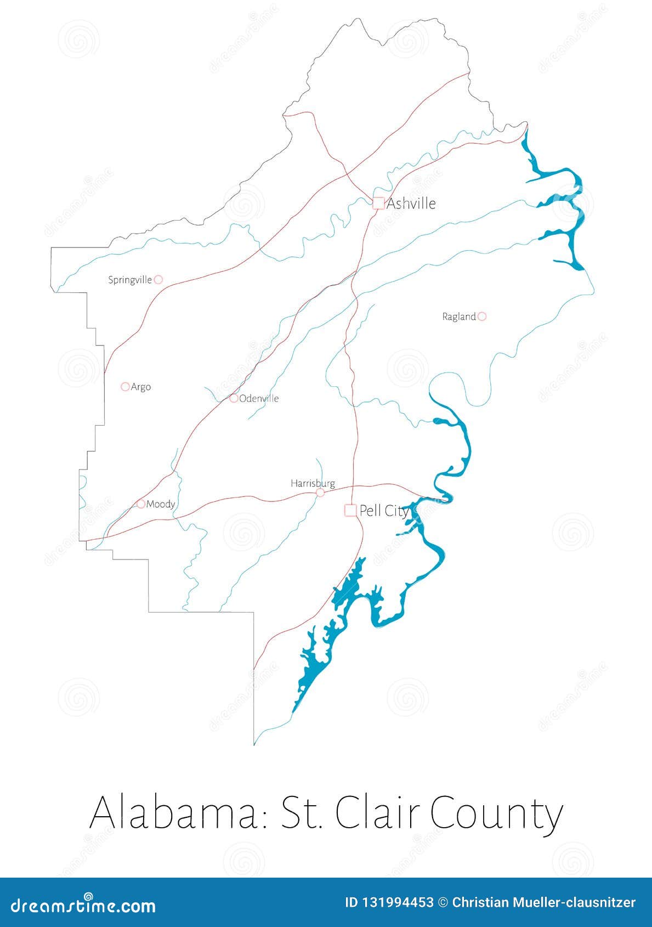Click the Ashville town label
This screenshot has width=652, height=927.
[x=411, y=204]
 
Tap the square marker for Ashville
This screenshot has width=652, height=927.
[x=378, y=203]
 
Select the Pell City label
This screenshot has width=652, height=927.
[x=384, y=511]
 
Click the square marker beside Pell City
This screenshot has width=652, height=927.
[x=350, y=510]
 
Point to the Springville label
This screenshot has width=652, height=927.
[x=130, y=280]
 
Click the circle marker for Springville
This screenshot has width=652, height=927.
[x=158, y=279]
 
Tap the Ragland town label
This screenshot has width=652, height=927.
[x=459, y=316]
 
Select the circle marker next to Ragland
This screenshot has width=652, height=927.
[x=481, y=316]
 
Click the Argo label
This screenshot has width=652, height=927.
[x=141, y=387]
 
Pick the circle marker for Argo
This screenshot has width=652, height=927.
[x=125, y=387]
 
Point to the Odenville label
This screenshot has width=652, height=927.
[x=259, y=398]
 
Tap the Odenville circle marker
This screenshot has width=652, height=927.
[x=234, y=398]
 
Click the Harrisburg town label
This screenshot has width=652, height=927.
[x=313, y=483]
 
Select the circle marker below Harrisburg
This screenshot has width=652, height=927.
[x=320, y=493]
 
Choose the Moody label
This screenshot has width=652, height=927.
[x=161, y=504]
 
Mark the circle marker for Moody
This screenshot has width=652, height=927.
[x=141, y=504]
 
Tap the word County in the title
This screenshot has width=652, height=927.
[x=496, y=813]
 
